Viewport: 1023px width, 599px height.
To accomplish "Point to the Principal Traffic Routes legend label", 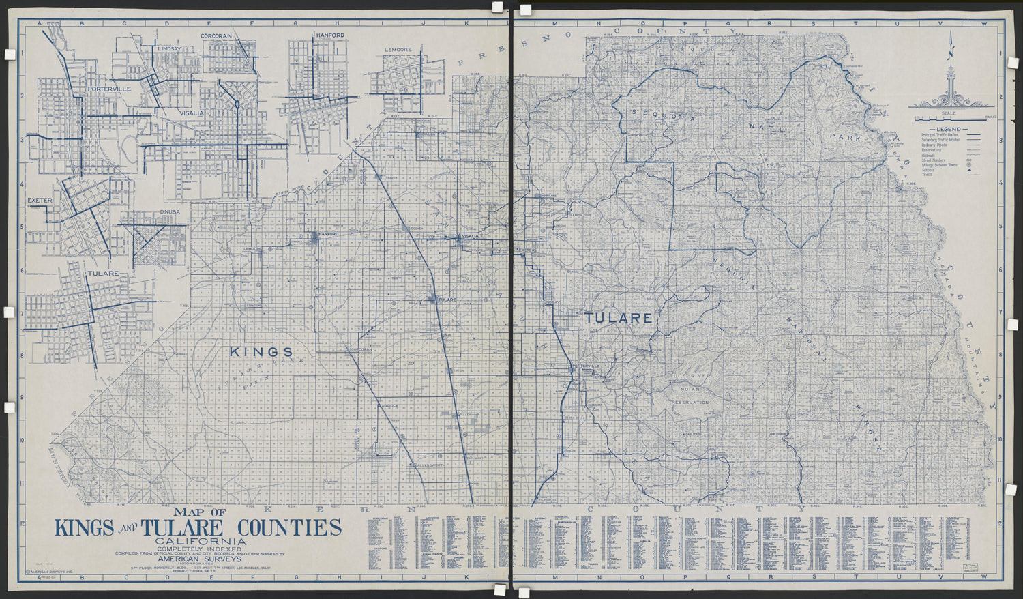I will pos(938,136).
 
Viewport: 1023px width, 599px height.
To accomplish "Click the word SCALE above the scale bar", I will pos(948,113).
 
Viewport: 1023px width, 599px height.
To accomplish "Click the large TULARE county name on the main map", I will pos(618,318).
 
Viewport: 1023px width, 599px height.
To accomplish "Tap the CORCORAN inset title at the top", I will pos(216,35).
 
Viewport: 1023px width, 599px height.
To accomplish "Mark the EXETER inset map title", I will pos(40,201).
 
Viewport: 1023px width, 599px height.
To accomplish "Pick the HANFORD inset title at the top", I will pos(329,35).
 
